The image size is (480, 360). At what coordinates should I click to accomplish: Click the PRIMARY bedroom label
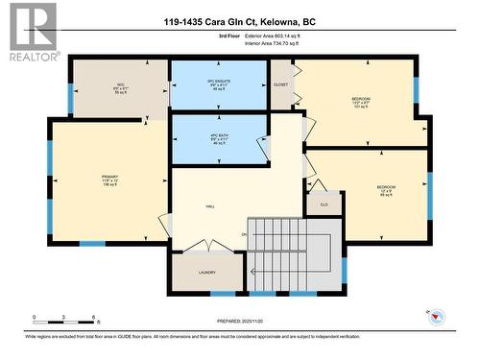109,180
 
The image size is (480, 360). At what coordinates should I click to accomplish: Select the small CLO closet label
323,204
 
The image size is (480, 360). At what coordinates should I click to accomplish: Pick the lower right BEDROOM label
385,187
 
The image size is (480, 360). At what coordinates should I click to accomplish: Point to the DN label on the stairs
245,234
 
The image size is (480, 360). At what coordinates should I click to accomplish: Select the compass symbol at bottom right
436,316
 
